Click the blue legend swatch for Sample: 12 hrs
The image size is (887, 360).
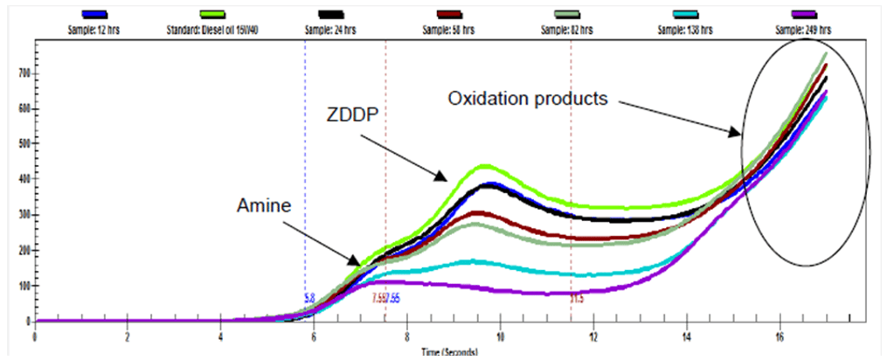pos(94,15)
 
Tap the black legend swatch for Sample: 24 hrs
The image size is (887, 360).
pos(329,15)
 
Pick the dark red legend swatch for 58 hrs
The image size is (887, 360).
pos(447,15)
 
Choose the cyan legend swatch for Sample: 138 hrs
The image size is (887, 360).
pos(683,15)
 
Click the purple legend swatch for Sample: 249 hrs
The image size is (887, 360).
pos(802,15)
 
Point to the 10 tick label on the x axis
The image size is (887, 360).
pos(501,336)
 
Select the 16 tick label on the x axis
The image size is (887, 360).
pos(780,336)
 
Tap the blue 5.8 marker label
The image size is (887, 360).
pos(308,298)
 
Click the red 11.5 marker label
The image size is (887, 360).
pos(577,298)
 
